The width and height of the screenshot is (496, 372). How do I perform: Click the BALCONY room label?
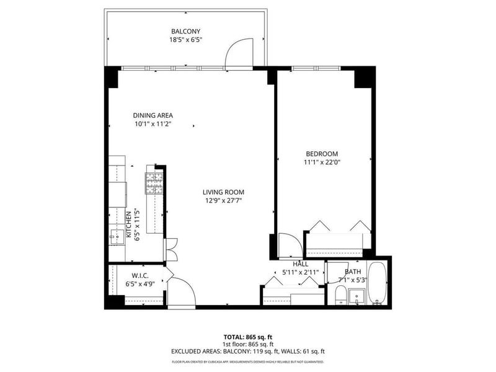(x=186, y=31)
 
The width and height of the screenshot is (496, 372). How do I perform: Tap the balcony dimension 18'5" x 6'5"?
(x=186, y=40)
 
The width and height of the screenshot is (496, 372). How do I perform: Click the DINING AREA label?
(x=153, y=115)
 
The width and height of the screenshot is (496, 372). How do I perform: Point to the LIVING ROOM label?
(x=223, y=192)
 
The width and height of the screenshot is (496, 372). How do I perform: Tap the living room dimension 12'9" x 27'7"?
(x=223, y=200)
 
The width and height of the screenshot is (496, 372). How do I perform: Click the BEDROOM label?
(x=322, y=154)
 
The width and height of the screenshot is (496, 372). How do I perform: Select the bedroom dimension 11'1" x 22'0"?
(x=322, y=162)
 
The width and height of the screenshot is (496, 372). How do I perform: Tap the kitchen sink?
(x=117, y=235)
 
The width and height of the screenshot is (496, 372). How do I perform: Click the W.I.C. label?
(x=138, y=276)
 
